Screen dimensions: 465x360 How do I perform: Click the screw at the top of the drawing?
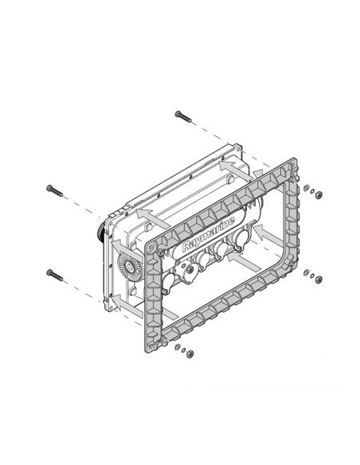[182, 116]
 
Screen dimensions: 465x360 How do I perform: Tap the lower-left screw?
[57, 273]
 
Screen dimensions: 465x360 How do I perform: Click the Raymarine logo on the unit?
[209, 234]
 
